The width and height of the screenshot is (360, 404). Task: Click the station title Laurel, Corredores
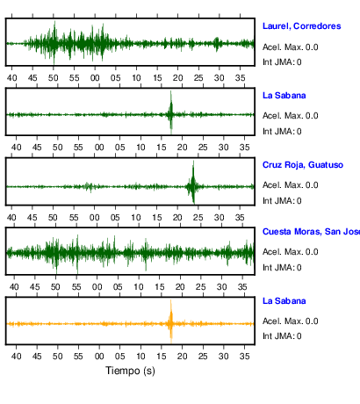(302, 26)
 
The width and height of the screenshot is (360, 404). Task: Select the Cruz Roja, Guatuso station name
(303, 165)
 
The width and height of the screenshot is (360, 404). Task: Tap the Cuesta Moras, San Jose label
(311, 232)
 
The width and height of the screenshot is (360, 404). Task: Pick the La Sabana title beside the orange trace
(284, 301)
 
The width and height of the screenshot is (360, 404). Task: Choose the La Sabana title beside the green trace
(284, 96)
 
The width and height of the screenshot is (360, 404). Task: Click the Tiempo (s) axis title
(130, 371)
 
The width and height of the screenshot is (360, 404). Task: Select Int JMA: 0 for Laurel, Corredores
(282, 62)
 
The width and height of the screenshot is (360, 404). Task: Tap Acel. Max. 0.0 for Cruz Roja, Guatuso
(291, 185)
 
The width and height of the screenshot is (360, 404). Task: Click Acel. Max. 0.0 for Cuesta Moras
(291, 252)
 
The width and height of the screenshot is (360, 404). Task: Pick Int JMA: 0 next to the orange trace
(282, 336)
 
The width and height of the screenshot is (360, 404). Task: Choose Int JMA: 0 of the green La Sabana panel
(282, 132)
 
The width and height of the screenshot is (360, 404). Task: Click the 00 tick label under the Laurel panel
(95, 78)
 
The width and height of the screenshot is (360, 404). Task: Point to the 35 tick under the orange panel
(245, 357)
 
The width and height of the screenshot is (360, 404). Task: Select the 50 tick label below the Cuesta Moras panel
(55, 287)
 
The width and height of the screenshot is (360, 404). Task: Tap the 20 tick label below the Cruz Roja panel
(177, 218)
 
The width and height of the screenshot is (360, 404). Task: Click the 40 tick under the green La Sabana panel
(16, 148)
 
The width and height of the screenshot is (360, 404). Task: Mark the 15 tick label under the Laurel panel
(157, 78)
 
